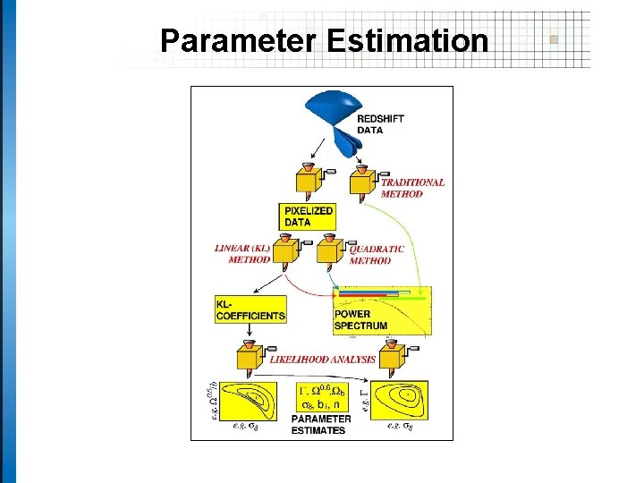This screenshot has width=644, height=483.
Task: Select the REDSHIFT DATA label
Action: [x=383, y=124]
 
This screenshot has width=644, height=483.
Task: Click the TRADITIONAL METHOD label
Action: [x=412, y=188]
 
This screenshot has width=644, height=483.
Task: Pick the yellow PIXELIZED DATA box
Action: [x=308, y=216]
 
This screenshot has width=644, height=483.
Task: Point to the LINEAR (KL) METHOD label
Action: [x=242, y=253]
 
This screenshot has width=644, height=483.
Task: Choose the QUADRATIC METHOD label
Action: [x=377, y=255]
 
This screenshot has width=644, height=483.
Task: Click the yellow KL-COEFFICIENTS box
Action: [x=250, y=309]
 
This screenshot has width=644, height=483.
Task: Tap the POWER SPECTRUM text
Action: [x=360, y=320]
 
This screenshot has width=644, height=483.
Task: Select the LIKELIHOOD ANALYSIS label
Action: [x=322, y=360]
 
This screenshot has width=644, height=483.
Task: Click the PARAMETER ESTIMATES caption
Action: [x=319, y=425]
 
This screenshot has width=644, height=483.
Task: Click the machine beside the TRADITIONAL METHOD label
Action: [x=364, y=182]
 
